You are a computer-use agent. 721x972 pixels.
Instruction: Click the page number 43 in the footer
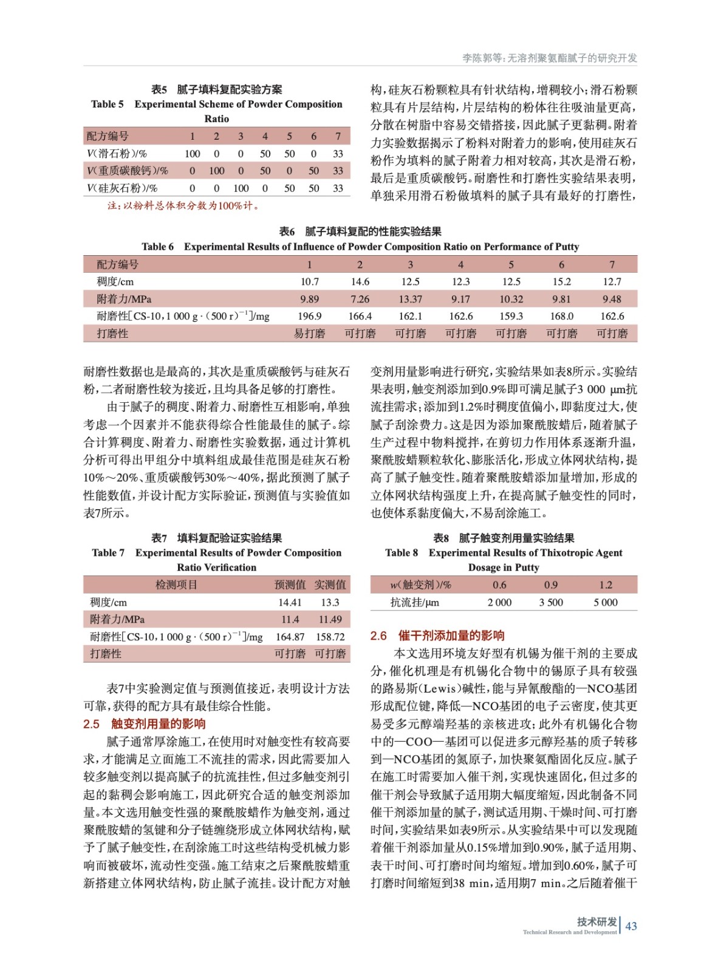[x=631, y=926]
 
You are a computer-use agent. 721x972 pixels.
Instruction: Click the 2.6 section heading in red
[x=437, y=635]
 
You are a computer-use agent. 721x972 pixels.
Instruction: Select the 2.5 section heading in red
[x=145, y=724]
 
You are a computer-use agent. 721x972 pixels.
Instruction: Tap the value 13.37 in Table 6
[x=410, y=299]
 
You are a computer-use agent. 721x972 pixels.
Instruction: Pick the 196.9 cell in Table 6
[x=310, y=316]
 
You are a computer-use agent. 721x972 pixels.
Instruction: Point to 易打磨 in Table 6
[x=310, y=334]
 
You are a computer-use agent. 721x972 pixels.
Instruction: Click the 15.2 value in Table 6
[x=561, y=281]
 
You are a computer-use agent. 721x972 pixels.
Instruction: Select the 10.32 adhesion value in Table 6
[x=511, y=299]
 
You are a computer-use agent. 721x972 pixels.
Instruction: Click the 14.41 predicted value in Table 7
[x=290, y=602]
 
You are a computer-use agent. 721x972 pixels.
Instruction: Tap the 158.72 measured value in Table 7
[x=330, y=637]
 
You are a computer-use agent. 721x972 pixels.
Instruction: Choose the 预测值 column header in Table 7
[x=290, y=584]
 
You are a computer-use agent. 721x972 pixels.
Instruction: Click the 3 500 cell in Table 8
[x=551, y=602]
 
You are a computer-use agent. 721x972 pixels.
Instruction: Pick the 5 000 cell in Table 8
[x=606, y=602]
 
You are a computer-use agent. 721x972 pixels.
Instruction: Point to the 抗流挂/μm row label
[x=414, y=602]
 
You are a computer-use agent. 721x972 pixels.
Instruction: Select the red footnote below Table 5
[x=184, y=205]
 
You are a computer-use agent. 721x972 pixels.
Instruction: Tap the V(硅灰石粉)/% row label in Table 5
[x=122, y=188]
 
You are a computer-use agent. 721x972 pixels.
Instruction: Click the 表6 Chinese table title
[x=360, y=231]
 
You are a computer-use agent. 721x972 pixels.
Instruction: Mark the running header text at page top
[x=550, y=58]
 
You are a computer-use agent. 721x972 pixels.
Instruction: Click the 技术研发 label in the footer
[x=596, y=921]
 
